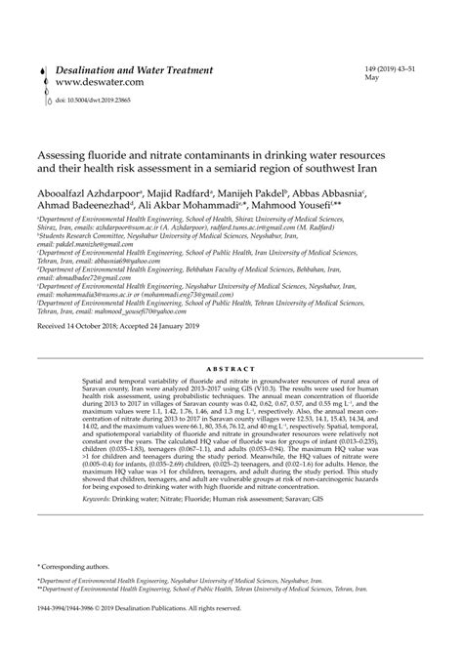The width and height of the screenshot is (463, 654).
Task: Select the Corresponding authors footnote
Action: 76,565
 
